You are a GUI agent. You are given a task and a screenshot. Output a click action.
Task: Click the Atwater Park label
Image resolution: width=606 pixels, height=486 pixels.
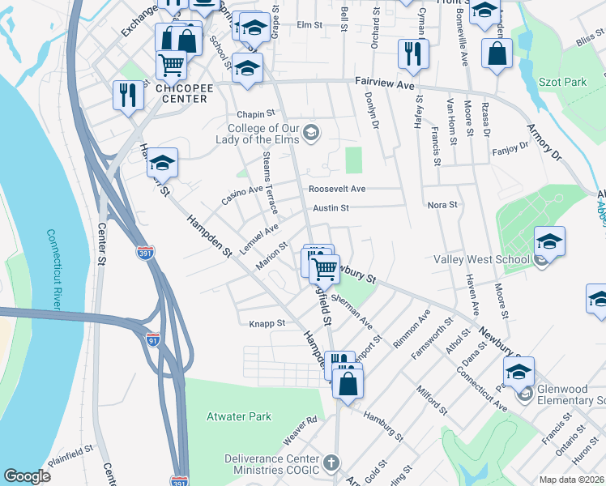pos(238,416)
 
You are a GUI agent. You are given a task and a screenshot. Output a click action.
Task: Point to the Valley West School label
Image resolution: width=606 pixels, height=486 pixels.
pos(481,259)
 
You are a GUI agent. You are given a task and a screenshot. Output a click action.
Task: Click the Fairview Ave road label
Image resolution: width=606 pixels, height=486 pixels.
pos(385,82)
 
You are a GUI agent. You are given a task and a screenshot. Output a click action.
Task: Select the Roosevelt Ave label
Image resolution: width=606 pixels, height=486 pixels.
pos(336,189)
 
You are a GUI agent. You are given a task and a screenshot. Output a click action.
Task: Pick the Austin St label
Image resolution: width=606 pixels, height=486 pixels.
pos(331,207)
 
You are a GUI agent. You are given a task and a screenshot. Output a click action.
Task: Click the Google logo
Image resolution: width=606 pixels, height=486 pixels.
pos(28,476)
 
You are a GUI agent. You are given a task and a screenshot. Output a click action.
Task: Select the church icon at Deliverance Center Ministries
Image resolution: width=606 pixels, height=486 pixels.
pos(330,463)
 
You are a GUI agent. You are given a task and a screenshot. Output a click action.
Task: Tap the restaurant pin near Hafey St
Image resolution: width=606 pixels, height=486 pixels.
pos(413,54)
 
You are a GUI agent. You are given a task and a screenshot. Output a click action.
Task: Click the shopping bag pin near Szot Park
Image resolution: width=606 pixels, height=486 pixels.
pos(497,53)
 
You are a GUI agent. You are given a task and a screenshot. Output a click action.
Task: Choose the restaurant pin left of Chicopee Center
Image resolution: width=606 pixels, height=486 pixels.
pos(128,96)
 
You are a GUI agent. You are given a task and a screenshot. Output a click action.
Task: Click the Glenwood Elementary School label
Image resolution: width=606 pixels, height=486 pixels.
pos(567,395)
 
